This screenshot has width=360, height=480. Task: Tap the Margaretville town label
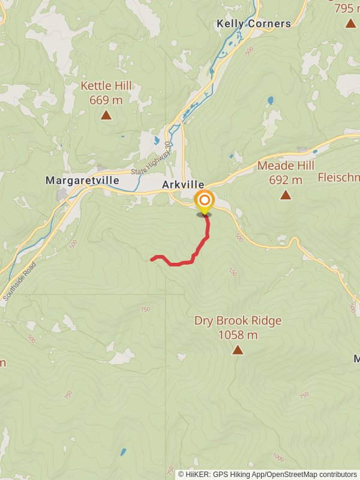[82, 180]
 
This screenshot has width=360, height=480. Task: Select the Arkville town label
[183, 185]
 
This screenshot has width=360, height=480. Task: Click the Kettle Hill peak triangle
[106, 115]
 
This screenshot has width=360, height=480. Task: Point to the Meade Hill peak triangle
[286, 194]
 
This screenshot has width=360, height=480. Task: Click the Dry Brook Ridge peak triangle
[238, 350]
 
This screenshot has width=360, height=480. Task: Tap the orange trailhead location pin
[205, 201]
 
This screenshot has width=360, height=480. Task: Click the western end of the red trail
[152, 259]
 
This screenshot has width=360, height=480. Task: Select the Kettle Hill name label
[106, 86]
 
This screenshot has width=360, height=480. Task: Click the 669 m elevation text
[106, 100]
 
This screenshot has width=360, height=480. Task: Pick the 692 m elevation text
[286, 179]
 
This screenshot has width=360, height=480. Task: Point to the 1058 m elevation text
[238, 335]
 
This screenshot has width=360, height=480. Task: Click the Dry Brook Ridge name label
[238, 321]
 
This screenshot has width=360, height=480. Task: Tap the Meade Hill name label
[286, 166]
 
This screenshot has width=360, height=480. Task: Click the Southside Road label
[19, 281]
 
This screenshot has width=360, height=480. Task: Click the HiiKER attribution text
[267, 474]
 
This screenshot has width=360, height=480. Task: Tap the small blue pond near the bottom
[124, 452]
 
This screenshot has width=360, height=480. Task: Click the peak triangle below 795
[350, 23]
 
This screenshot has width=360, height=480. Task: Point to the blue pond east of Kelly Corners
[271, 100]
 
